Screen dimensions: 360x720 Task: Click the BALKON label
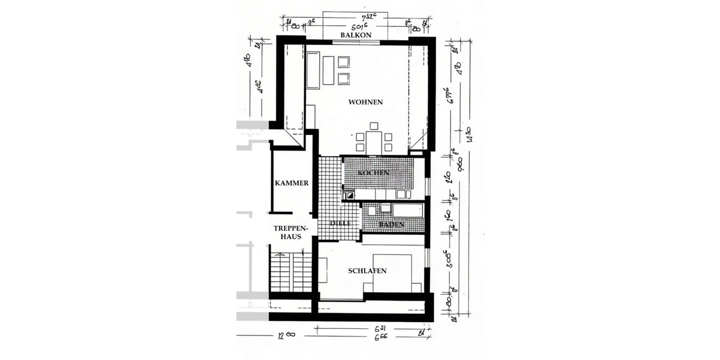click(356, 35)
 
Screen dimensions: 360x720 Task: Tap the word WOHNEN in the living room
click(365, 102)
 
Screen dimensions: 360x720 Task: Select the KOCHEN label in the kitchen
click(374, 173)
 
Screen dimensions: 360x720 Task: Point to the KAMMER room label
click(292, 184)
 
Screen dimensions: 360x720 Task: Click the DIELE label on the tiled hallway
click(340, 223)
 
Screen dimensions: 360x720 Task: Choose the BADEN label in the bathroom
click(391, 224)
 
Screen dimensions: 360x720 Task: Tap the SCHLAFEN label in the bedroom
click(367, 271)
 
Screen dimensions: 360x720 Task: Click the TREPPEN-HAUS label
click(291, 233)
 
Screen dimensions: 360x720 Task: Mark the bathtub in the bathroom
click(407, 211)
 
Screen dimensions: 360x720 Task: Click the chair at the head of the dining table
click(374, 126)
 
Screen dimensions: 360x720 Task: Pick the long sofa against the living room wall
click(313, 70)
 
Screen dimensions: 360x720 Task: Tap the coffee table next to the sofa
click(328, 70)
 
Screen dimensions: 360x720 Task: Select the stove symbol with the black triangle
click(349, 194)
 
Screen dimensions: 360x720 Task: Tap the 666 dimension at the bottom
click(380, 337)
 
